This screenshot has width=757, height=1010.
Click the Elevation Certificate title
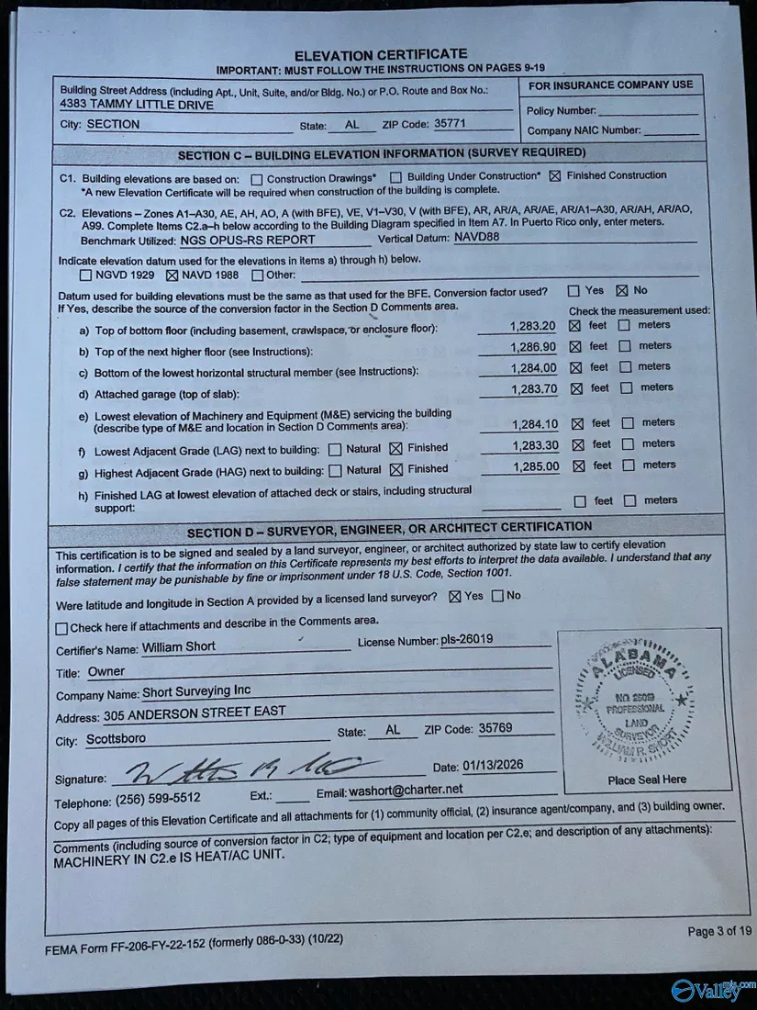point(380,54)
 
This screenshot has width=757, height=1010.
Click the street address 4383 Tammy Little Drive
point(136,105)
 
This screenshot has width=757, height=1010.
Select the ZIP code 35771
point(450,122)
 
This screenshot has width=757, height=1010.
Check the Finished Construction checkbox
point(554,175)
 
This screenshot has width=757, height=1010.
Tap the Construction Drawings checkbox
point(257,178)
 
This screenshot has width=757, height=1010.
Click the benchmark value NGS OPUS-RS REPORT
point(248,240)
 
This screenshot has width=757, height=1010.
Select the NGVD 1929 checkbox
point(86,275)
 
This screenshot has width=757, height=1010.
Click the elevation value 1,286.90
point(533,348)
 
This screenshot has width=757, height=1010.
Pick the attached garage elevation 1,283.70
point(533,389)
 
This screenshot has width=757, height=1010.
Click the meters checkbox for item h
point(629,501)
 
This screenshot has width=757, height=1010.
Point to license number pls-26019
point(466,639)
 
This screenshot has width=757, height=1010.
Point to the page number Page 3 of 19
point(718,931)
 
